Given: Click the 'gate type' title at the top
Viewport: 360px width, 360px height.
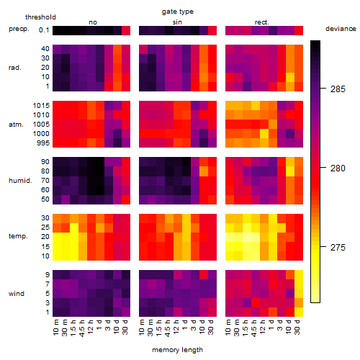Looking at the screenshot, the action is pos(178,12).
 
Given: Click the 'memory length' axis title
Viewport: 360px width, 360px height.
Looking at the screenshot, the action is pos(177,350).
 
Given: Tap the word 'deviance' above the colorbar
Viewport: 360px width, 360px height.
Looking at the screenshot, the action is pos(341,29).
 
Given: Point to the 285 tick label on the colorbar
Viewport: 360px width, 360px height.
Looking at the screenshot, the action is pos(338,89).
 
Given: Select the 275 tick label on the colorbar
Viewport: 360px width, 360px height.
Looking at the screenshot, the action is pos(338,247).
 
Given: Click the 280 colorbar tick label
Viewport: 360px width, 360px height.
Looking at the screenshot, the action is pos(338,168).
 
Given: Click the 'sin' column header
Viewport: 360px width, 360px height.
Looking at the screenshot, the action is pos(177,22).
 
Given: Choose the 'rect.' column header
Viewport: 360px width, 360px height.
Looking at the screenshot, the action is pos(262,22).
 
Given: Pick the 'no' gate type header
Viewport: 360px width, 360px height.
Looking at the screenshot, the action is pos(93,22).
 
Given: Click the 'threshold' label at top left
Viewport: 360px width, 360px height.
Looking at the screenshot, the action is pos(40,17).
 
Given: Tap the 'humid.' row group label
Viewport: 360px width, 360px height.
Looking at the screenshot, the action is pos(20,181).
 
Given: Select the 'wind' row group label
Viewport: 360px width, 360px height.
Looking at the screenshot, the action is pos(17,294).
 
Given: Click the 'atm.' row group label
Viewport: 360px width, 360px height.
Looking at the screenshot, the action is pos(16,125).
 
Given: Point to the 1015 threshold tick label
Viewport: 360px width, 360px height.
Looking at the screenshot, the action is pos(41,105).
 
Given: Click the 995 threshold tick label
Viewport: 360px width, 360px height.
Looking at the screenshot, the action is pos(43,143).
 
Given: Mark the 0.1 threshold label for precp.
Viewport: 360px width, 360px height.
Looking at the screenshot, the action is pos(44,30).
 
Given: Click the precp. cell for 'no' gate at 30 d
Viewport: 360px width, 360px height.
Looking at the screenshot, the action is pos(126,30).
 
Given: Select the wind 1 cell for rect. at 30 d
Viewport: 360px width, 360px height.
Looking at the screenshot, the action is pos(299,312).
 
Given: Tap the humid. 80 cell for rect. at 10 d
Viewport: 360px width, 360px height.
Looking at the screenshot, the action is pos(290,171).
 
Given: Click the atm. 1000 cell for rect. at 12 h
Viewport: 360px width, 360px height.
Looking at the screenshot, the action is pos(264,133).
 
